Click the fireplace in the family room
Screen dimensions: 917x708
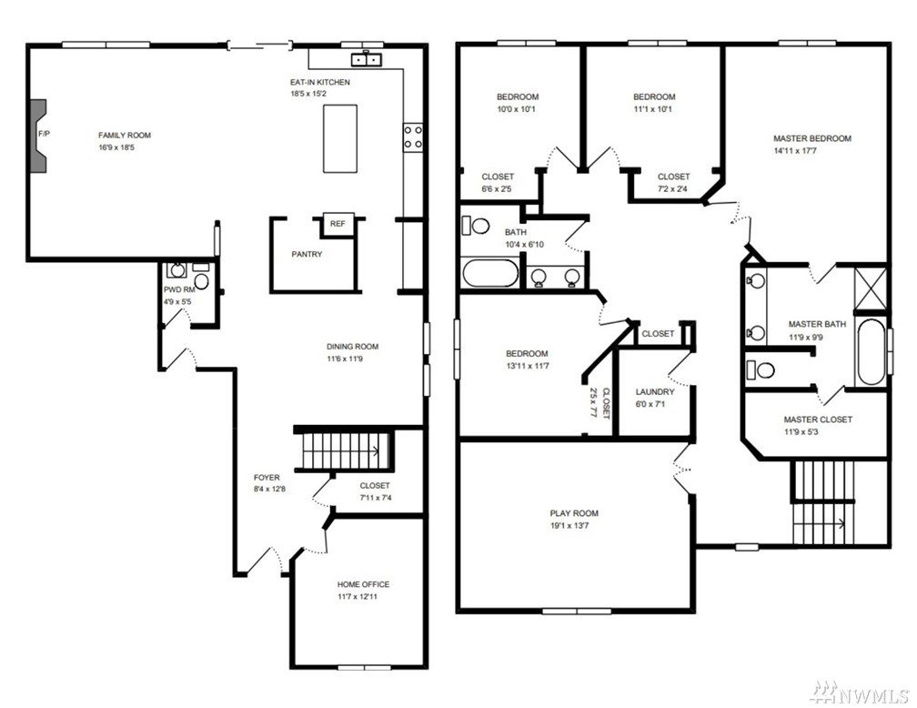[x=38, y=136]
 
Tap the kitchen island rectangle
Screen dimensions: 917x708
[x=340, y=138]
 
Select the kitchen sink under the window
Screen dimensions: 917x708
[x=367, y=59]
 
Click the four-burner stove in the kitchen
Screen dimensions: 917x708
[x=413, y=137]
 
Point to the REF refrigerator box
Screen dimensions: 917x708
[x=338, y=224]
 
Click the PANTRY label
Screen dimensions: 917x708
[x=307, y=254]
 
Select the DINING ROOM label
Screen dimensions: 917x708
[x=353, y=347]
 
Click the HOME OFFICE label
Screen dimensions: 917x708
[x=363, y=584]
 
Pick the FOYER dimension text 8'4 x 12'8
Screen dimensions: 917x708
[x=269, y=490]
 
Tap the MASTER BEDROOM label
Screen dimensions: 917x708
[x=812, y=138]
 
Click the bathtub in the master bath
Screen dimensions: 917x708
[x=871, y=351]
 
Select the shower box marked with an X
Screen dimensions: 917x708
[x=871, y=288]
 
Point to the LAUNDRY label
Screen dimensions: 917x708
[x=655, y=392]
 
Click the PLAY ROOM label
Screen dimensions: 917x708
[x=574, y=513]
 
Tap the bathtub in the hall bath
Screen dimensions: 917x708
[x=490, y=273]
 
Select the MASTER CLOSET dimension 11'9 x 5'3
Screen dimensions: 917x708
[x=801, y=432]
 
